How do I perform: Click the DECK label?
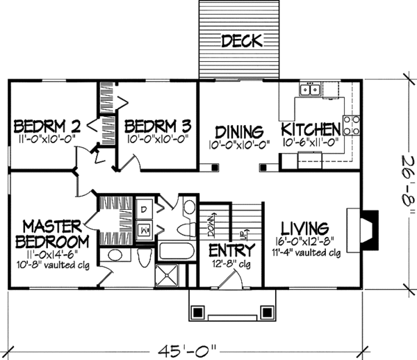coord(242,42)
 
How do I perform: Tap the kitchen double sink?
coord(310,89)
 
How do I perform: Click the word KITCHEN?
coord(311,130)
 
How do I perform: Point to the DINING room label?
coord(238,131)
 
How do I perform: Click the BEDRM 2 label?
coord(47,126)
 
